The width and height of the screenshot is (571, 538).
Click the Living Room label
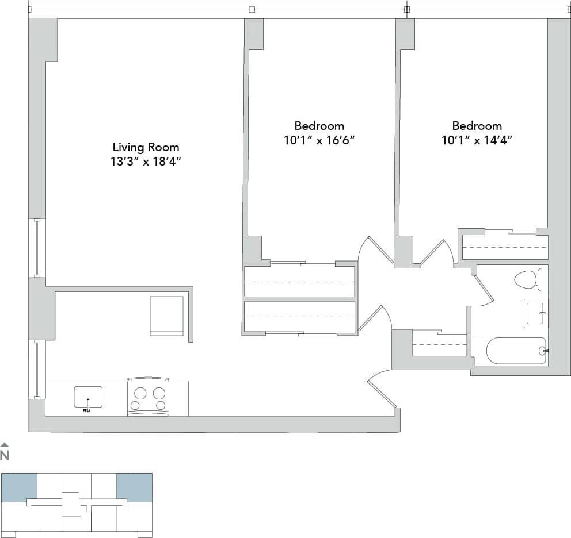[x=146, y=147]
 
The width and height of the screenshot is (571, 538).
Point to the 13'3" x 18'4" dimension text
[x=146, y=162]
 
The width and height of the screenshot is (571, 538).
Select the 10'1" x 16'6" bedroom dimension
[x=319, y=140]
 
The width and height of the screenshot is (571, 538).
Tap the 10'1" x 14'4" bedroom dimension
[x=477, y=140]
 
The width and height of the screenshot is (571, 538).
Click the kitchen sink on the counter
[x=88, y=397]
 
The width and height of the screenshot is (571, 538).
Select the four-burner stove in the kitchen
[x=148, y=397]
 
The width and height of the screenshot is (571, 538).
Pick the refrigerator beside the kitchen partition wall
[x=167, y=316]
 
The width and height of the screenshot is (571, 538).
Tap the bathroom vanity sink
[x=535, y=313]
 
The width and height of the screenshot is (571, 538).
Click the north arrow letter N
[x=5, y=456]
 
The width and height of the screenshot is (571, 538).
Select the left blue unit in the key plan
[x=19, y=487]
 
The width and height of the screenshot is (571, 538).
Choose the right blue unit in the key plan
[x=134, y=487]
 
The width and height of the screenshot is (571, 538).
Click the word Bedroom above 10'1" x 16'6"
[x=319, y=126]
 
